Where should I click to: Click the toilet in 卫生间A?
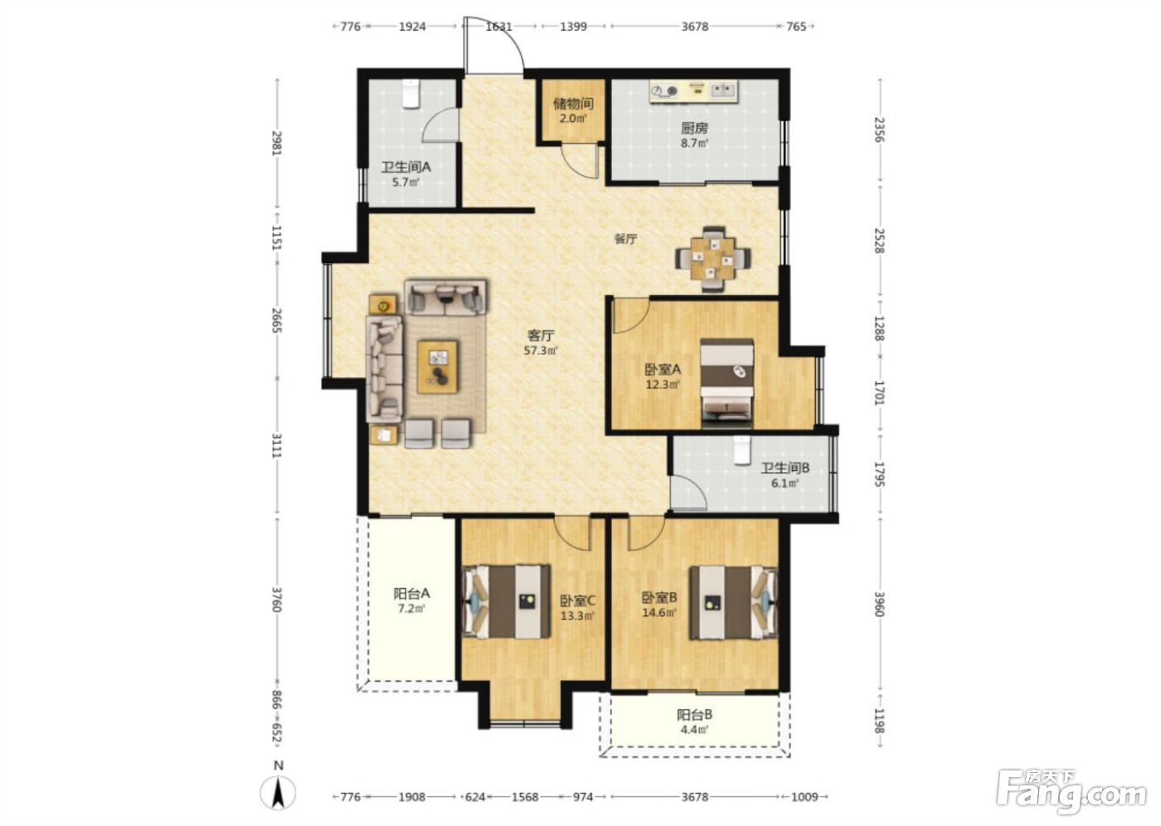[410, 94]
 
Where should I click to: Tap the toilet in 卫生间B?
[741, 449]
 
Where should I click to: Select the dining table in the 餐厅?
[712, 259]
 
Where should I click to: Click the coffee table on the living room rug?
[438, 367]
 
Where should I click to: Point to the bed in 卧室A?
[726, 383]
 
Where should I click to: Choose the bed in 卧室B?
[733, 602]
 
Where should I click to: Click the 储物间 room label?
[573, 104]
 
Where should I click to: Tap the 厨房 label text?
[695, 128]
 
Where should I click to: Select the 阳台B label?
[695, 715]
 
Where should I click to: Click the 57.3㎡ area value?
[541, 350]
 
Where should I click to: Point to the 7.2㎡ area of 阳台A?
[411, 609]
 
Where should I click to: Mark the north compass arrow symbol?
[279, 793]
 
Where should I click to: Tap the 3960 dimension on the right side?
[878, 604]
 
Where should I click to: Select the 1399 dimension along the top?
[573, 27]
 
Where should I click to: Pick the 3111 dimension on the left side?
[276, 445]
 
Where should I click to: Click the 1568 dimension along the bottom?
[526, 796]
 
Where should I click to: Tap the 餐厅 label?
[625, 239]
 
